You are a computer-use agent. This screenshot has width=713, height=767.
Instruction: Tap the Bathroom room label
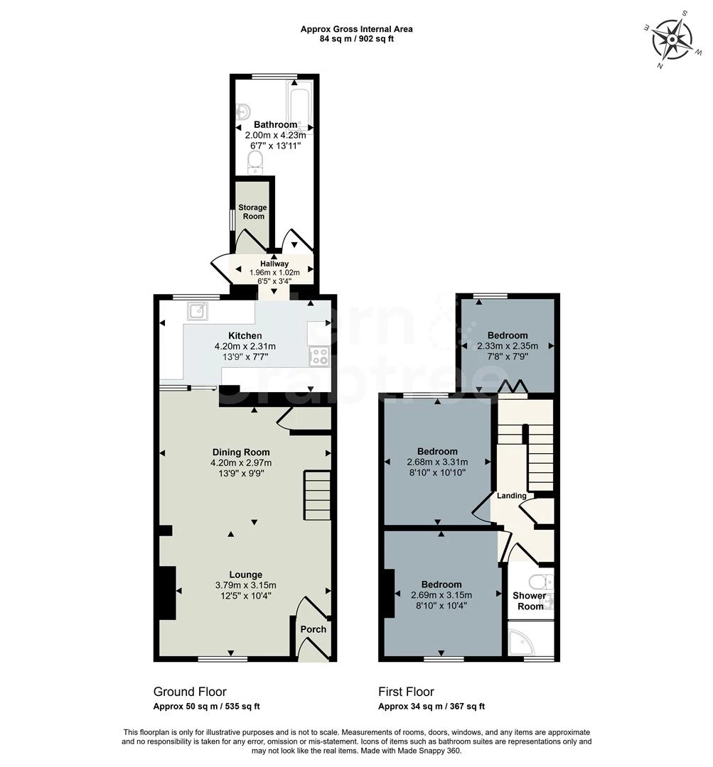(275, 125)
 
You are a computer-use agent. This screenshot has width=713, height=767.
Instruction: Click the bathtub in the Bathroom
(299, 107)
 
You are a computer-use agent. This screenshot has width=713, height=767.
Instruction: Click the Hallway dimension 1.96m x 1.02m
(274, 273)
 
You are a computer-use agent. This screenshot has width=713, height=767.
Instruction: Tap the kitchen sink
(197, 310)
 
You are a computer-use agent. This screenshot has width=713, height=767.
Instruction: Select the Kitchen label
(245, 336)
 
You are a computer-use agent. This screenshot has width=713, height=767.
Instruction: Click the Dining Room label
(241, 452)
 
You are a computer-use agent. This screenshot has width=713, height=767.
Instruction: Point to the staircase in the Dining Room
(317, 496)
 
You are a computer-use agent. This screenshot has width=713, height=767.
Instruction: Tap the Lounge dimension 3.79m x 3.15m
(246, 585)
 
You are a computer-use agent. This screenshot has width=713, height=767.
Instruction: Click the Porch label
(313, 629)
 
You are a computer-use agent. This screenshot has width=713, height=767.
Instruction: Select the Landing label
(511, 496)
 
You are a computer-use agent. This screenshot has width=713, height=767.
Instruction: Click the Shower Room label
(530, 601)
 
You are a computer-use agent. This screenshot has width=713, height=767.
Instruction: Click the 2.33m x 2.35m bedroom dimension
(508, 347)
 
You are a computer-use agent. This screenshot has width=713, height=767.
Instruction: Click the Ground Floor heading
(190, 692)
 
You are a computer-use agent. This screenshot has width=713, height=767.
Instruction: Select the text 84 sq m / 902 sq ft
(356, 39)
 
